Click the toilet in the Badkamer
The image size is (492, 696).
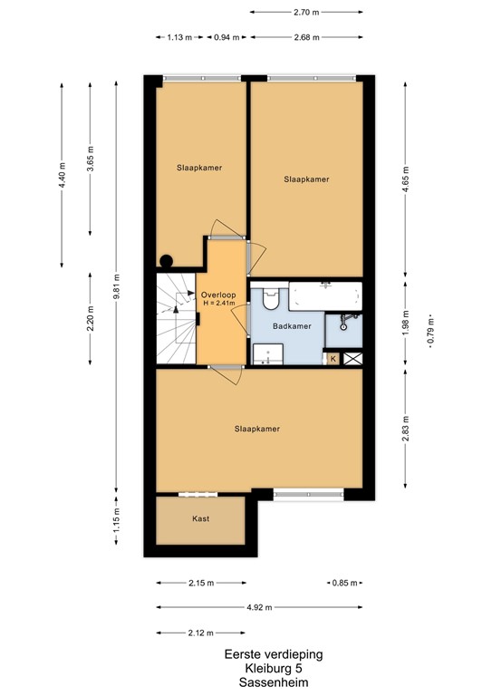pyautogui.click(x=269, y=299)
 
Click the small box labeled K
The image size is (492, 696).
pyautogui.click(x=333, y=359)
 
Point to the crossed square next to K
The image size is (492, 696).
pyautogui.click(x=352, y=359)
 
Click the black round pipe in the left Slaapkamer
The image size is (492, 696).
pyautogui.click(x=166, y=261)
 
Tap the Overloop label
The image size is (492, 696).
pyautogui.click(x=218, y=295)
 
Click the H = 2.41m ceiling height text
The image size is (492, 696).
pyautogui.click(x=218, y=304)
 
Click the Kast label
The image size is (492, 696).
pyautogui.click(x=200, y=518)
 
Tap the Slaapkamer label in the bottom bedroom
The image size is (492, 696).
pyautogui.click(x=256, y=429)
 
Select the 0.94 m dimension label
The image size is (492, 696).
pyautogui.click(x=227, y=37)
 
